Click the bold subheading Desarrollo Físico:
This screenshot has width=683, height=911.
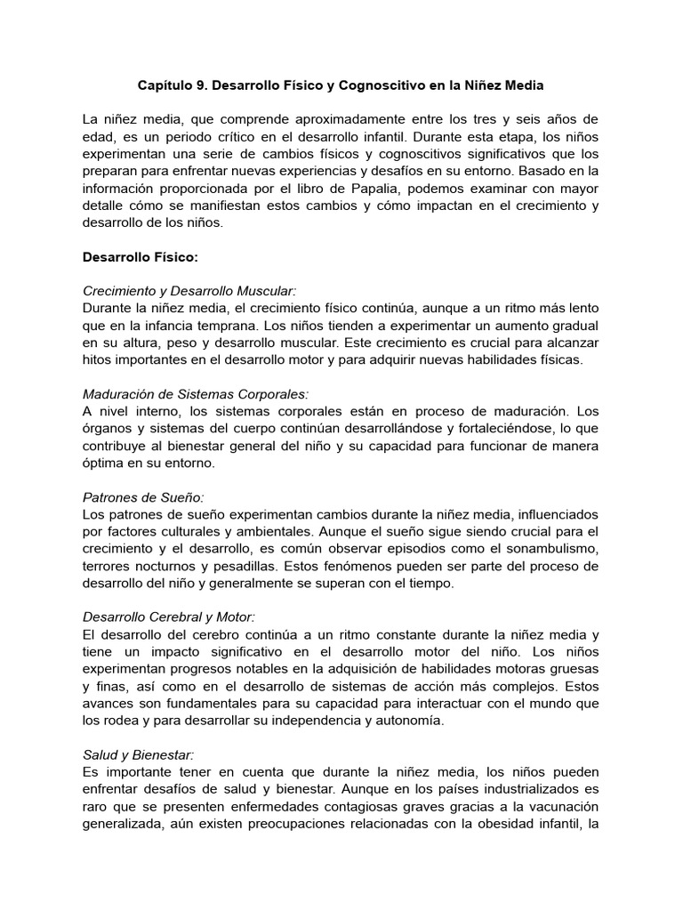(x=141, y=258)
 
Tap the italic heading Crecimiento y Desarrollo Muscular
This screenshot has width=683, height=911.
(x=189, y=292)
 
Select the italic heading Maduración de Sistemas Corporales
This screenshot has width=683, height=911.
(x=196, y=395)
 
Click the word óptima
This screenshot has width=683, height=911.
(x=104, y=464)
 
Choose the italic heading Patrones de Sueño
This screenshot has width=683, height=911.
(x=142, y=498)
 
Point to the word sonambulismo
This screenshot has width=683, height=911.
(x=550, y=550)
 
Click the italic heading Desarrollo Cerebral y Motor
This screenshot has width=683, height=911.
(x=169, y=617)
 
